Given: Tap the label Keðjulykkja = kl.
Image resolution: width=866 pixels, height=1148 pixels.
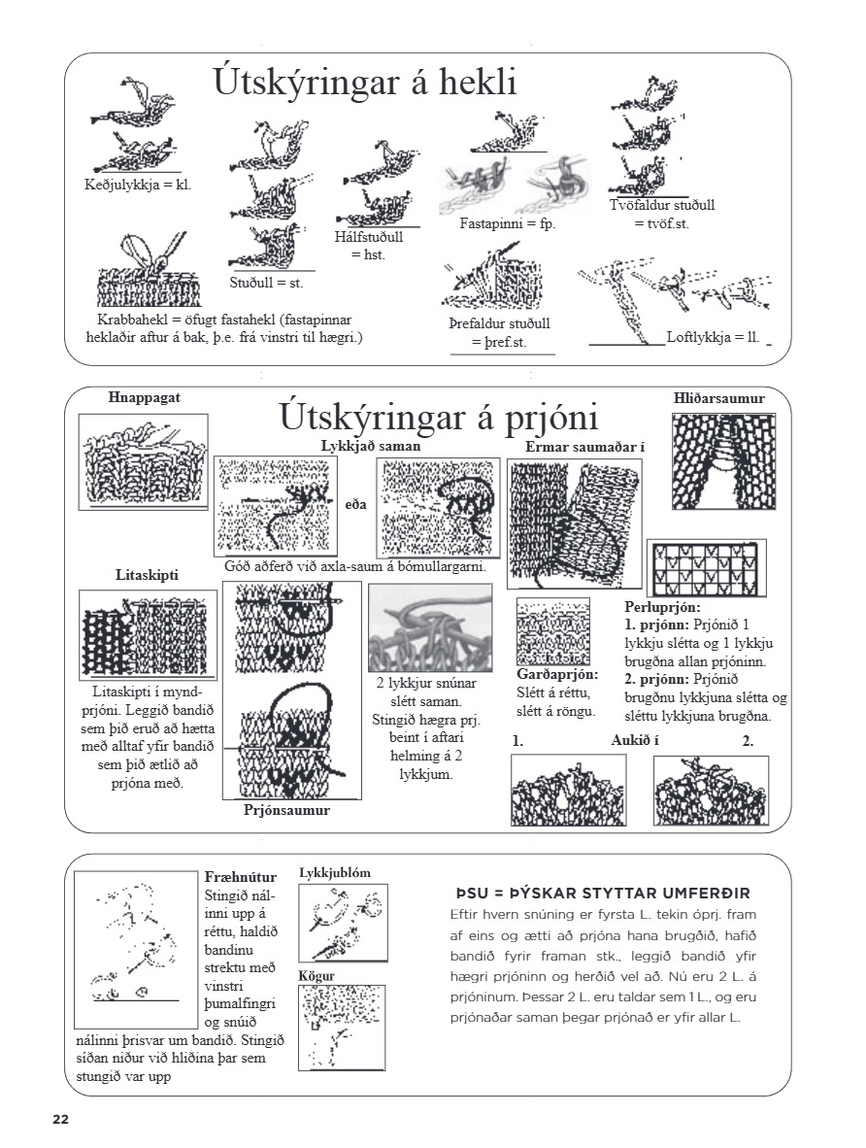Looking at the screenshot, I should pos(137,184).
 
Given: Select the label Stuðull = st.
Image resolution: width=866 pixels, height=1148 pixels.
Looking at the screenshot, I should pos(267,283).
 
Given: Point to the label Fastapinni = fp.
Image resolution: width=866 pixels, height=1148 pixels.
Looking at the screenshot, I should pos(500,223).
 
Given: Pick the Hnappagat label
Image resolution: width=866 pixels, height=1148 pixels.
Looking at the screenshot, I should pos(144,397).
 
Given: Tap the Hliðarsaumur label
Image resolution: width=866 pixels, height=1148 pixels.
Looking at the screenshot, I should pos(719,398).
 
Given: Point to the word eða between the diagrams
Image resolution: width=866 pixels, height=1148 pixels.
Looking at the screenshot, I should pos(355,506).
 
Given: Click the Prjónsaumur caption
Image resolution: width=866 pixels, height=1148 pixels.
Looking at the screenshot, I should pos(286,810).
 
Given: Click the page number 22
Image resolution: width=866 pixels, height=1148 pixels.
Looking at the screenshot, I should pos(61,1119).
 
